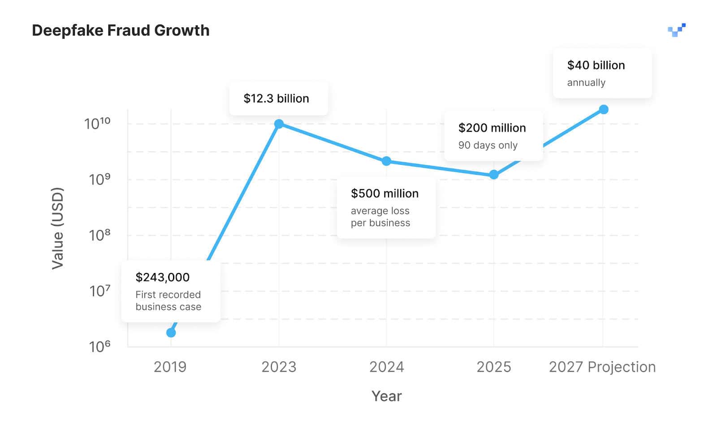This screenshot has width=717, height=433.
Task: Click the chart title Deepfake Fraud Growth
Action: point(121,30)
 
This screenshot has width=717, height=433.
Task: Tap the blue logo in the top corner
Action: point(677,30)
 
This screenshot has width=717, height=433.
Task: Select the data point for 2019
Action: point(171,333)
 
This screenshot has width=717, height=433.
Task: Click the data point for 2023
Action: point(279,124)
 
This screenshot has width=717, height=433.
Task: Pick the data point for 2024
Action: point(386,161)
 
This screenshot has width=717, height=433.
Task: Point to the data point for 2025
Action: point(493,175)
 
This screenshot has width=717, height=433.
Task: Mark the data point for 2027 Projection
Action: point(604,109)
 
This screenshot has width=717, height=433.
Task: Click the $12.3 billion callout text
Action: point(276,99)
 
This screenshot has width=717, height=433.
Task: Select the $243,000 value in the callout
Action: point(162,277)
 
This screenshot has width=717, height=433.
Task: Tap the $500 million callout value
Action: point(384,194)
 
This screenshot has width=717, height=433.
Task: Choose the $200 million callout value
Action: point(492,128)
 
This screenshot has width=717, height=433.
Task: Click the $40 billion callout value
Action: point(596,65)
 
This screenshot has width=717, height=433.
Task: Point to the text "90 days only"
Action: point(488,145)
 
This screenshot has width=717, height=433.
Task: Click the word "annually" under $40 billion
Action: point(586,82)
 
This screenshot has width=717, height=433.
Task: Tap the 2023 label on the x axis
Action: point(279,367)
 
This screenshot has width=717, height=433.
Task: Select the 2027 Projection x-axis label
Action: point(602,367)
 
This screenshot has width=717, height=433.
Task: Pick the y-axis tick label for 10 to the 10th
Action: point(97,123)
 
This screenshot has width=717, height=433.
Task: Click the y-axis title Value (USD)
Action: point(57,228)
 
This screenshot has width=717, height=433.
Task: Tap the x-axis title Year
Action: point(386,396)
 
